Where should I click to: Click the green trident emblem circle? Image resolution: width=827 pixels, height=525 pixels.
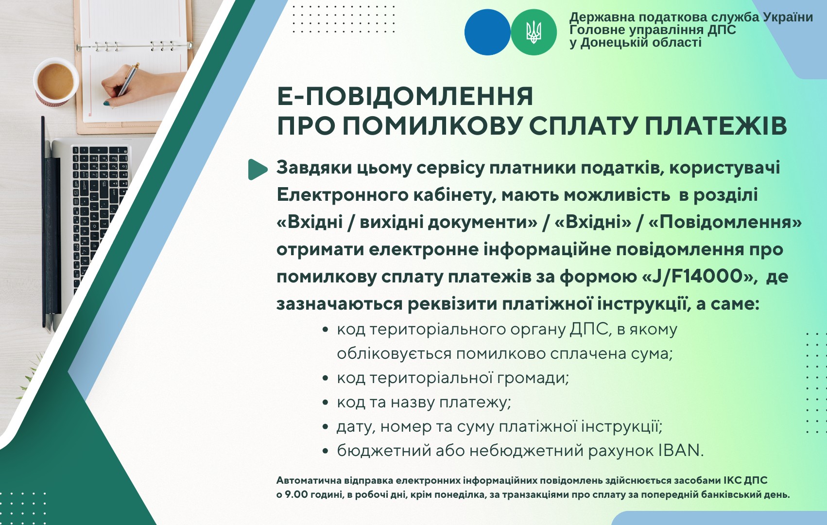tap(534, 32)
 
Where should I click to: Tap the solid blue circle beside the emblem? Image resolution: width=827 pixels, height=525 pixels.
tap(487, 32)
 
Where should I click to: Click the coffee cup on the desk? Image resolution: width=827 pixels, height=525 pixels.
tap(56, 82)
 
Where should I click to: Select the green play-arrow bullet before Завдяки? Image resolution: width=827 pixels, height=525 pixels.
tap(258, 169)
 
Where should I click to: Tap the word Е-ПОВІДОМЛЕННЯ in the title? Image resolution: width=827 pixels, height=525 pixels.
tap(405, 97)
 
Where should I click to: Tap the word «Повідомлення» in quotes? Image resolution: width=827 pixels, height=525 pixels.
tap(725, 222)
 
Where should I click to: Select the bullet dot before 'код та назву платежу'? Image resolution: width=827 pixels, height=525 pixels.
tap(325, 402)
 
